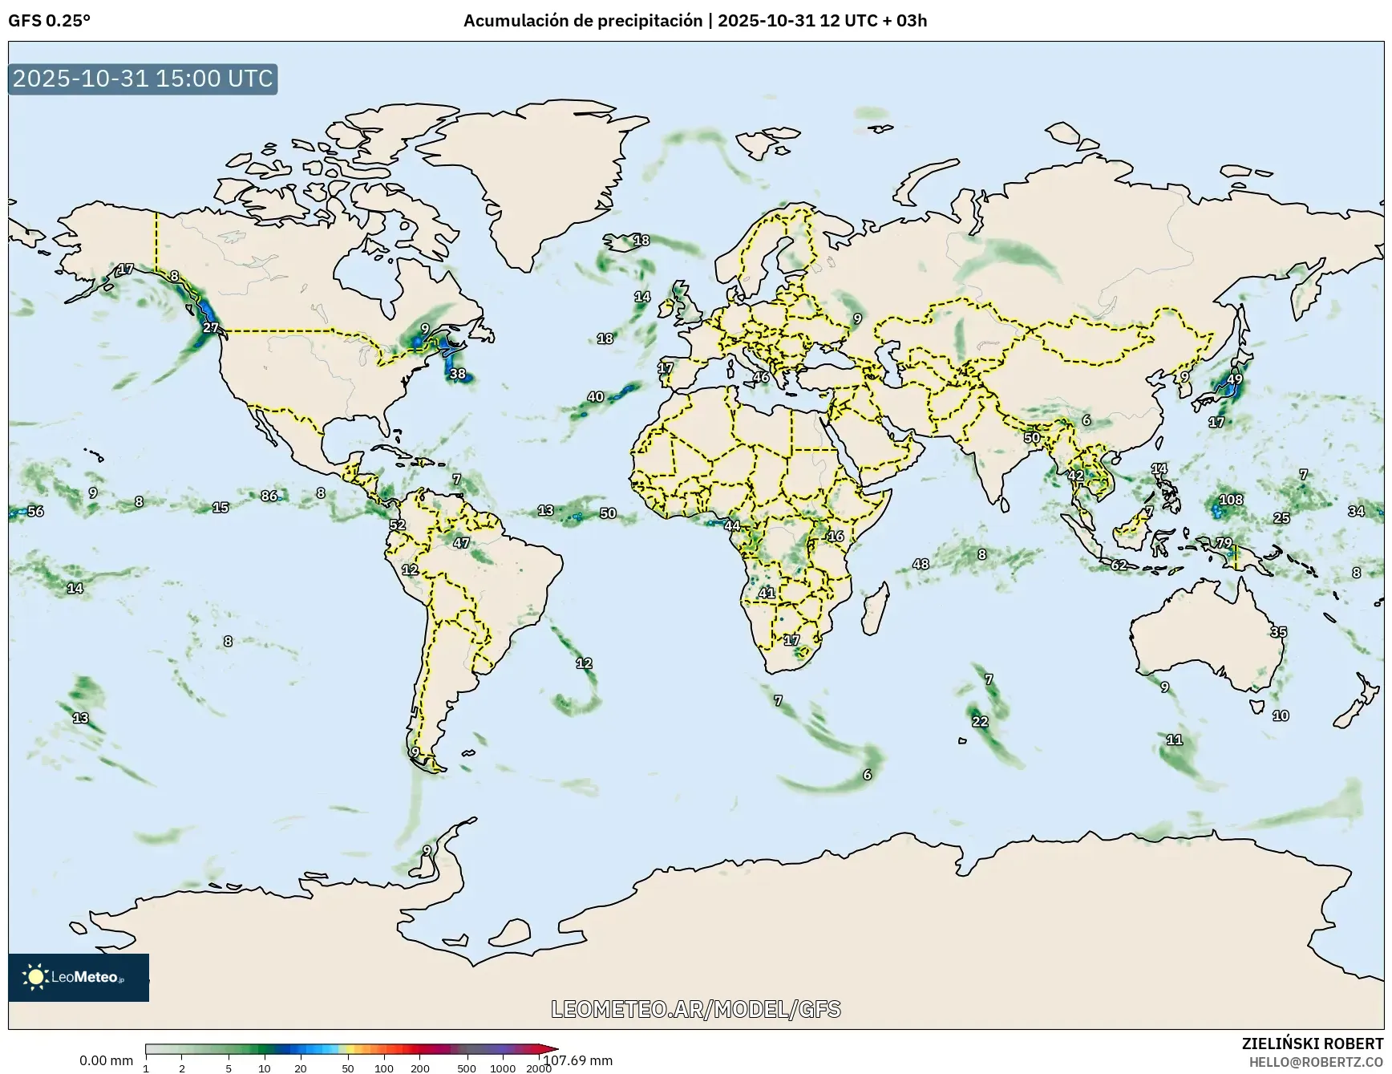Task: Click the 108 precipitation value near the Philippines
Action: pyautogui.click(x=1231, y=500)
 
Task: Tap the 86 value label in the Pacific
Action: pyautogui.click(x=269, y=496)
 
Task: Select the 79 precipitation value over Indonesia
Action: pyautogui.click(x=1224, y=543)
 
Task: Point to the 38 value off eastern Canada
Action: pyautogui.click(x=457, y=374)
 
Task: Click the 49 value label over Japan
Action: pyautogui.click(x=1235, y=379)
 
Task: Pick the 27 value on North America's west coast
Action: pyautogui.click(x=210, y=327)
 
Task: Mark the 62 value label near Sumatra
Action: pyautogui.click(x=1119, y=565)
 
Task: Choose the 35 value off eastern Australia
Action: pyautogui.click(x=1278, y=632)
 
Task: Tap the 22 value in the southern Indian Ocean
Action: pyautogui.click(x=980, y=721)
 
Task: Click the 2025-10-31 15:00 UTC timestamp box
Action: pyautogui.click(x=143, y=79)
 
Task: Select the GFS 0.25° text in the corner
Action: pyautogui.click(x=50, y=21)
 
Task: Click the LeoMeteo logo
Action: pyautogui.click(x=79, y=977)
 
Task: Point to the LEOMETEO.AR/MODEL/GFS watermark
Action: pyautogui.click(x=696, y=1009)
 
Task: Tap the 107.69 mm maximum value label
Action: pyautogui.click(x=577, y=1060)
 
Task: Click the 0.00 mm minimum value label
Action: pyautogui.click(x=106, y=1060)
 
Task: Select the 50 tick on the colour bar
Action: pyautogui.click(x=347, y=1068)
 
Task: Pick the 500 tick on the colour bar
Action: pyautogui.click(x=466, y=1068)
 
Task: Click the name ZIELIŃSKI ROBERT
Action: pyautogui.click(x=1313, y=1044)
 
